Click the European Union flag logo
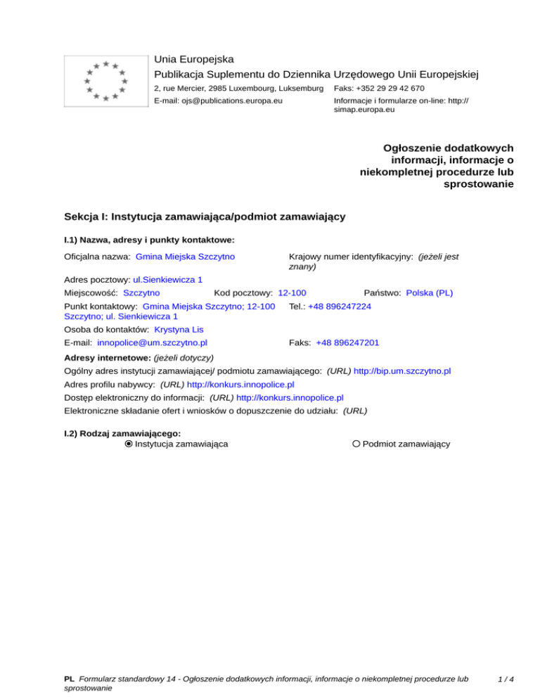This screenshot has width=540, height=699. [105, 81]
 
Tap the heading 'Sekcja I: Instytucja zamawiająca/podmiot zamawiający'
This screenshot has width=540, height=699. [204, 217]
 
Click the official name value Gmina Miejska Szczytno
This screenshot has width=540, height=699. [185, 257]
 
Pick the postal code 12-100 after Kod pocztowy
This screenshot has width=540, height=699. [292, 292]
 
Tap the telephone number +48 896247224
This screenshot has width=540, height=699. [340, 307]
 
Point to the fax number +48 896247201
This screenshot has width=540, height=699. [348, 342]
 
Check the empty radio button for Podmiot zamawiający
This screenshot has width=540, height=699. [356, 444]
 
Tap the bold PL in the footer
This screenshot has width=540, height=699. [69, 680]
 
